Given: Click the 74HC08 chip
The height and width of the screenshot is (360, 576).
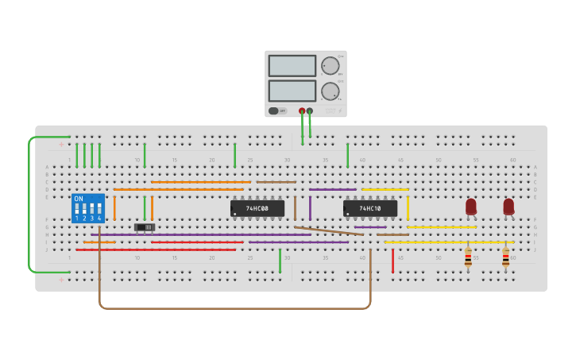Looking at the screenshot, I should coord(257,208).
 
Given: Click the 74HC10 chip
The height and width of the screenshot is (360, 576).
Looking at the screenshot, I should coord(369,208).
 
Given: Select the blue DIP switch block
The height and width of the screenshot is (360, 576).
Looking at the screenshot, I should coord(87,208).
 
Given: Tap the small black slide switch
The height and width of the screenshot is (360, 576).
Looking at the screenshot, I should coord(145,227).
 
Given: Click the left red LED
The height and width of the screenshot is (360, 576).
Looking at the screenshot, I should coord(470,206).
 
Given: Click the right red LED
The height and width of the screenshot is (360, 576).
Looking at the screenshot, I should coord(508,206).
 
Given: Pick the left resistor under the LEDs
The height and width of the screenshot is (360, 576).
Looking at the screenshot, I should coord(468,256).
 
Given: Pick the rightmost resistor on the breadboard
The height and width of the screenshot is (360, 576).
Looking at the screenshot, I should coord(505,256).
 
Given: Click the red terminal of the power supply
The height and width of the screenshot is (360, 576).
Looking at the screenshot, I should coord(302,111).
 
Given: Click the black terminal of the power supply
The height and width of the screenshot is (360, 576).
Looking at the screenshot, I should coord(310,111).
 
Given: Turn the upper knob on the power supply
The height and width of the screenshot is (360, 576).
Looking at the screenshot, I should coord(329,66).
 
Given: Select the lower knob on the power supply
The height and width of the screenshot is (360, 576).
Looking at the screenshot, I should coord(329,91).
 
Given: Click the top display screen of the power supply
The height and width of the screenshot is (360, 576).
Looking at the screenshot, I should coord(292,66).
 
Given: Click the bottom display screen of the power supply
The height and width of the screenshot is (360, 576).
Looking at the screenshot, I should coord(292,91).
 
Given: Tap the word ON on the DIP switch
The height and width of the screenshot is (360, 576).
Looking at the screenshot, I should coord(78,199).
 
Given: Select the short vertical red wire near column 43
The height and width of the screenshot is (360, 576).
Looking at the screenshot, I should coord(392,260).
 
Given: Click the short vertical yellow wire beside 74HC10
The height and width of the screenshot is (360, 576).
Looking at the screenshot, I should coord(408,208).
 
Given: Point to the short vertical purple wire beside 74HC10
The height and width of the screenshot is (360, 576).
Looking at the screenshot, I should coord(310,208).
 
